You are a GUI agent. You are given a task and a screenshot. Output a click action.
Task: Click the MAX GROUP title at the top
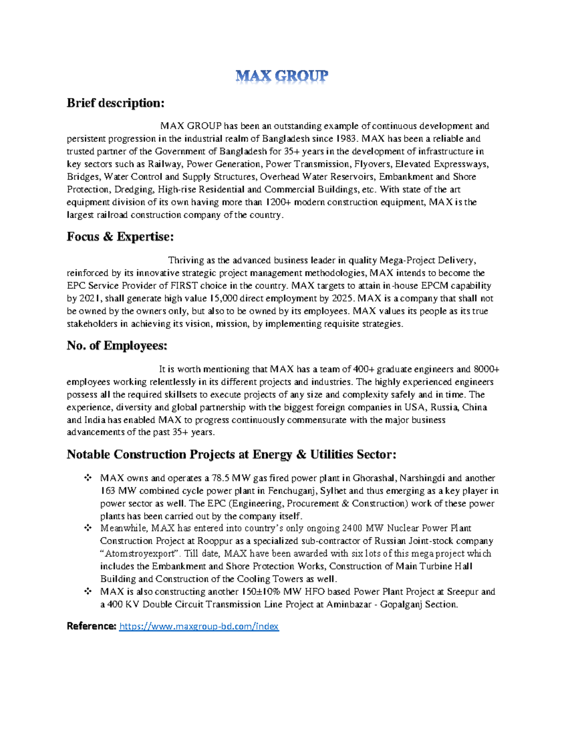pos(282,76)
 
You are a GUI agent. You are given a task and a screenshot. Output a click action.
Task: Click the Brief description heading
pos(115,103)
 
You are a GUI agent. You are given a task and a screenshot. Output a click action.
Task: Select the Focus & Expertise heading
pos(120,237)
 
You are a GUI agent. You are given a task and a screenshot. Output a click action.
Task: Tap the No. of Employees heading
pos(117,346)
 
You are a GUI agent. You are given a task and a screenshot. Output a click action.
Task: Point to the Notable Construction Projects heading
pos(231,455)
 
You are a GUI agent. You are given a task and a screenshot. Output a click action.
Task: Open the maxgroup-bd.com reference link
pos(199,627)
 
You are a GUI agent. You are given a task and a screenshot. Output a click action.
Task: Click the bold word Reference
pos(91,627)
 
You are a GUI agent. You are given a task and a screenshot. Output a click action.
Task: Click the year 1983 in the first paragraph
pos(346,139)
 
